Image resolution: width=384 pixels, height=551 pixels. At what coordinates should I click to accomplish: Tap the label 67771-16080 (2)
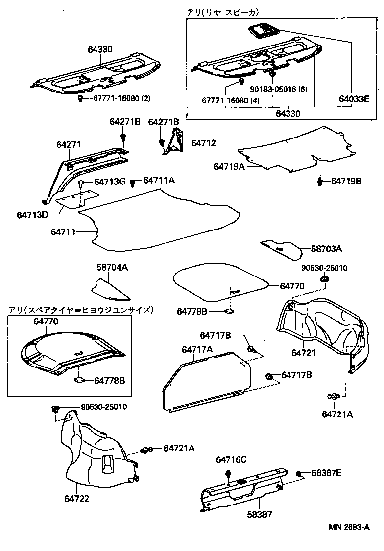pos(122,99)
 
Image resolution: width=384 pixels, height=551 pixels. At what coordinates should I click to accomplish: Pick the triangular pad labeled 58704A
pos(110,290)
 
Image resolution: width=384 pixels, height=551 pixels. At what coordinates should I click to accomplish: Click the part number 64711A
pos(159,182)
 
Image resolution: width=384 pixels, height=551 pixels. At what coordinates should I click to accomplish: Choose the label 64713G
pos(109,182)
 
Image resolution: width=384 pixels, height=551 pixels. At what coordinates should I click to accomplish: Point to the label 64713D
pos(33,215)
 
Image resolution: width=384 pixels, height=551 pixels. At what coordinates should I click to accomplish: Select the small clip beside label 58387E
pos(300,474)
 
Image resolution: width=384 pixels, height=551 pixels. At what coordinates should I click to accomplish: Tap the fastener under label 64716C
pos(228,475)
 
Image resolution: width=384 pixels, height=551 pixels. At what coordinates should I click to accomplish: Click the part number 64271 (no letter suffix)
pos(67,144)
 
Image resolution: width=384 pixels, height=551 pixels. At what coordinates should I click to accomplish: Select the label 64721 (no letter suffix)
pos(303,353)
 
